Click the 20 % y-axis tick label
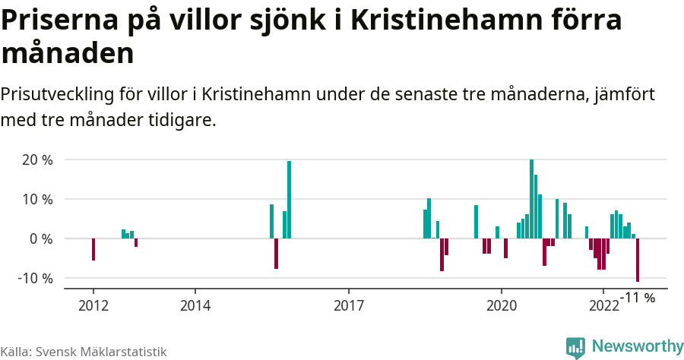coord(36,160)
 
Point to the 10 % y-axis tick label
coord(36,200)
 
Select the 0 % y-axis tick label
coord(40,238)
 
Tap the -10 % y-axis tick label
coord(35,278)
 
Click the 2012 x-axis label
coord(93,305)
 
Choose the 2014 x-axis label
coord(195,305)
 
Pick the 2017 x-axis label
coord(348,305)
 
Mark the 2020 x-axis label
coord(502,305)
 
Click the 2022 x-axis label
coord(603,305)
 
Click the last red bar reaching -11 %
coord(638,260)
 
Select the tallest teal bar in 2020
coord(531,199)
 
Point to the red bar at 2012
coord(93,249)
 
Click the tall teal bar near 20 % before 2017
coord(289,200)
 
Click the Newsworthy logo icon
coord(575,347)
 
